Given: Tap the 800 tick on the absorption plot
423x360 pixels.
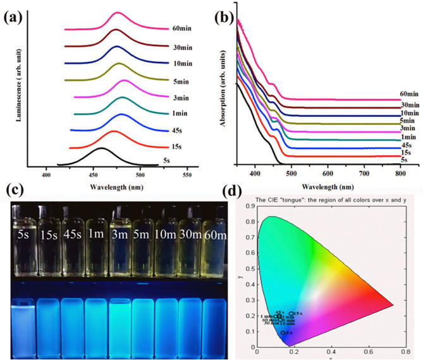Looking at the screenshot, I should (398, 172).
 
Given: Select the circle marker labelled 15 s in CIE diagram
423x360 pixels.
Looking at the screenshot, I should (291, 313).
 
